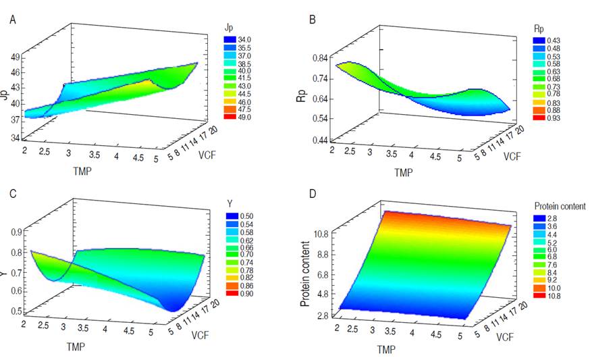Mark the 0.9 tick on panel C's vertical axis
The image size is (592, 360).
[x=16, y=232]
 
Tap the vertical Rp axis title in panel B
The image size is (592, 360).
[x=302, y=99]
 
